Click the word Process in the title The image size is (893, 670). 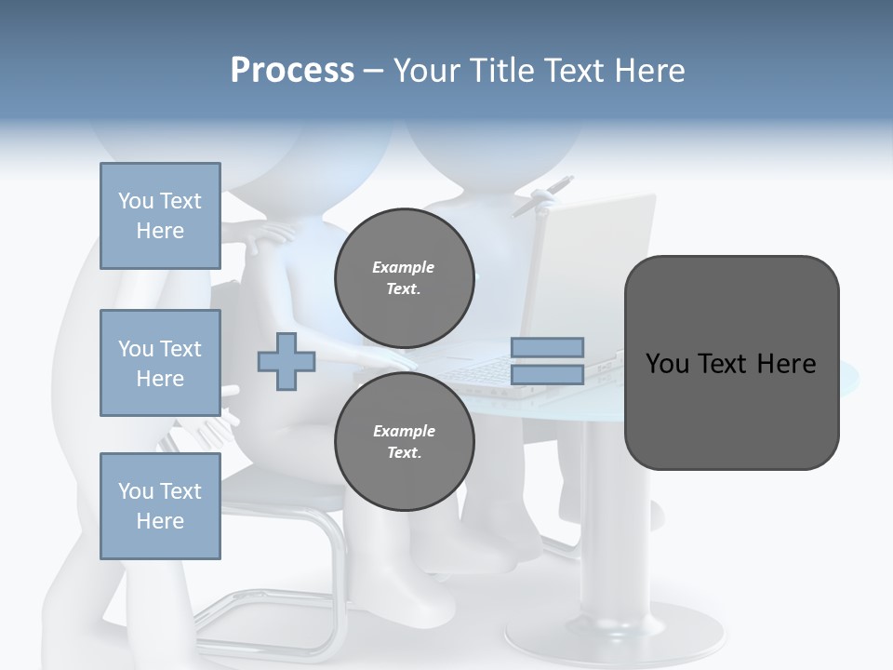click(x=292, y=71)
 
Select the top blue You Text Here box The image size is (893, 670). click(x=160, y=216)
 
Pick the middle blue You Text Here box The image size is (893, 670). click(x=160, y=363)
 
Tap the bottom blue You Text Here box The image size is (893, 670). click(x=160, y=506)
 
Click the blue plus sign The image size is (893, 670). click(x=287, y=361)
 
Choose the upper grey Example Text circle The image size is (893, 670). click(x=404, y=278)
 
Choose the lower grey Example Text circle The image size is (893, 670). click(x=404, y=442)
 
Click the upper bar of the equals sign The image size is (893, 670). click(x=547, y=347)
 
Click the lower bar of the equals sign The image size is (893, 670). click(x=547, y=374)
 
